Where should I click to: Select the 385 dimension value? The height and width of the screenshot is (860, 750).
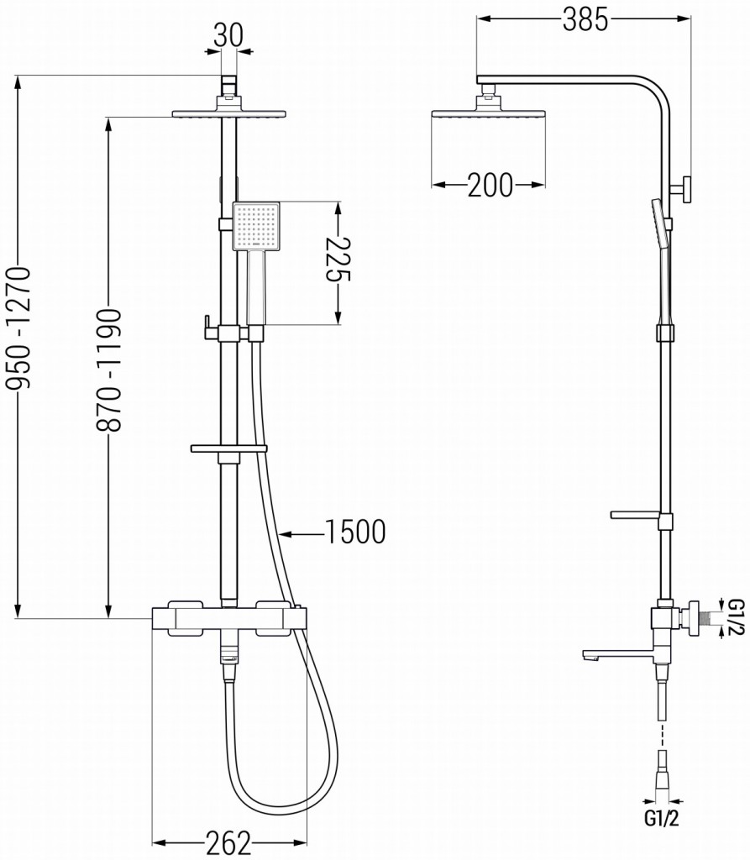tap(585, 20)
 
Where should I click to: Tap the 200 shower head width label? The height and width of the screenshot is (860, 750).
tap(490, 186)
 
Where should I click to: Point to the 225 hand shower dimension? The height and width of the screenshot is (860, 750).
tap(338, 262)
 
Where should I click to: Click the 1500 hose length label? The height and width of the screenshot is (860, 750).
tap(353, 532)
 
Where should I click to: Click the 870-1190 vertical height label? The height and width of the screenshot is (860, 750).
tap(109, 370)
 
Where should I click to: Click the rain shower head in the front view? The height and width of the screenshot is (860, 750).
tap(229, 113)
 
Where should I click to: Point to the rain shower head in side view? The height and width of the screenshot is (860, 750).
tap(488, 113)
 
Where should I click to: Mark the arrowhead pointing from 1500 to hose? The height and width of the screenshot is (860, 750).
tap(285, 532)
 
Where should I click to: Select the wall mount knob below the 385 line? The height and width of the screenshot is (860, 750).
tap(684, 188)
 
